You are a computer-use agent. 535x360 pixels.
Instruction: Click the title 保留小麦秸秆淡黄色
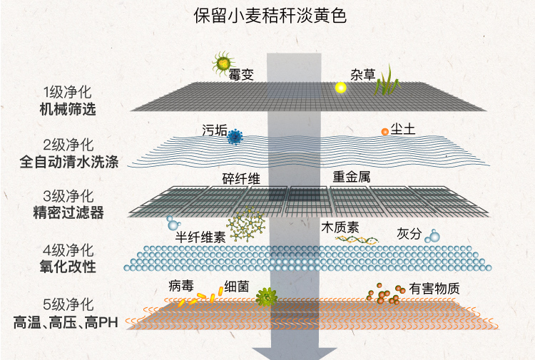click(x=270, y=16)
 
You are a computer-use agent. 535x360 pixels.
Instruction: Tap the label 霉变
click(x=242, y=75)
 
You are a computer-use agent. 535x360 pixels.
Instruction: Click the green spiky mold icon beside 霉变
click(x=223, y=63)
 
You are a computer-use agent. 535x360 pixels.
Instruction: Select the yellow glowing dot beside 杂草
click(x=341, y=88)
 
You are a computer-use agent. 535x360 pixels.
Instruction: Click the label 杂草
click(x=362, y=73)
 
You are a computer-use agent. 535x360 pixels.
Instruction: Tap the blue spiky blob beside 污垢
click(x=234, y=137)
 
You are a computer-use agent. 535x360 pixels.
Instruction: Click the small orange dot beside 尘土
click(x=384, y=132)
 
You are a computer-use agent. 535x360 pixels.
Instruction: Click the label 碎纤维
click(x=240, y=178)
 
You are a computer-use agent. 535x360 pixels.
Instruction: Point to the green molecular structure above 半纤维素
click(x=248, y=224)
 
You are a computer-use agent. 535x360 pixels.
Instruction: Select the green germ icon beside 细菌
click(x=267, y=297)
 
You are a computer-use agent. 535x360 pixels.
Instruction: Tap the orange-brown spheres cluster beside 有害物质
click(x=383, y=294)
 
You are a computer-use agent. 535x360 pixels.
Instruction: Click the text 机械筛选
click(x=68, y=110)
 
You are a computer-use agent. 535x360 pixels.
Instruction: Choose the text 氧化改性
click(x=68, y=267)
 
